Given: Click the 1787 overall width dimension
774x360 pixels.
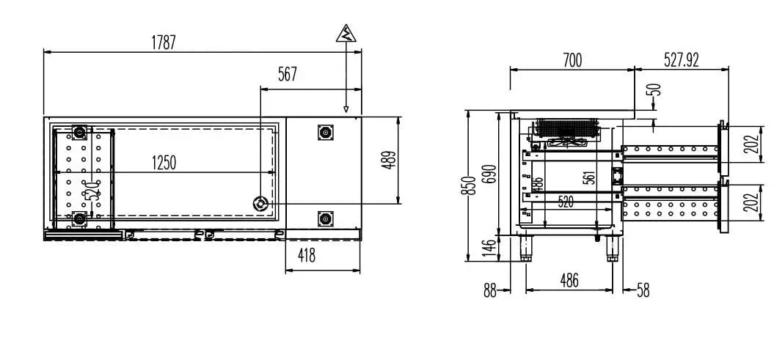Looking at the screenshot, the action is [x=164, y=43].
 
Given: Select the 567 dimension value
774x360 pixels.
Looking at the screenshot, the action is [x=288, y=75].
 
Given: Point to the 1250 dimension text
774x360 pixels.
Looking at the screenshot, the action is [x=164, y=162].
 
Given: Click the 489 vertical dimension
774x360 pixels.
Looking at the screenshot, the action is [x=389, y=160].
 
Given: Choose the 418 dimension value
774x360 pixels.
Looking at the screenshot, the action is [x=307, y=255].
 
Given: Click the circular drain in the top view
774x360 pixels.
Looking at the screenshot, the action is [x=260, y=203].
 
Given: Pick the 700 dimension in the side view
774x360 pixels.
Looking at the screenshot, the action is [x=572, y=61].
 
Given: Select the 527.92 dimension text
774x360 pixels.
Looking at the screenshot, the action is [x=682, y=60].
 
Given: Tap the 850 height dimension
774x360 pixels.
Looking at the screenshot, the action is [x=472, y=185].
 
